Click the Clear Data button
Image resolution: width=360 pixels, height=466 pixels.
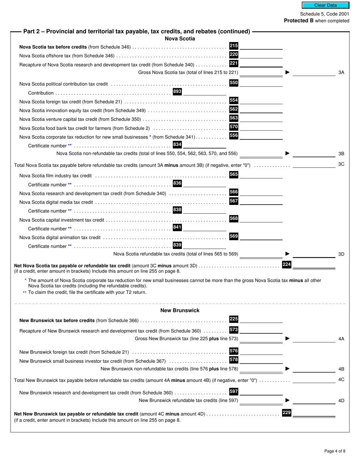(x=325, y=5)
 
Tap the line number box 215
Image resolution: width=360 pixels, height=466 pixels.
(x=234, y=46)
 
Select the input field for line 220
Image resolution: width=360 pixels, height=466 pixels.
(x=261, y=55)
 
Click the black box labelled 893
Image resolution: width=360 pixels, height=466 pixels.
(x=177, y=92)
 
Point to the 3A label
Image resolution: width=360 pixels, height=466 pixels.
(x=341, y=72)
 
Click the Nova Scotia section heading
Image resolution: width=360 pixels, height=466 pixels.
(x=180, y=39)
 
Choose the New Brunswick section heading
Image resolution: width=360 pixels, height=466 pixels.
(x=180, y=310)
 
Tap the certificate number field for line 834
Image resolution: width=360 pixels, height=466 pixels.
(x=204, y=145)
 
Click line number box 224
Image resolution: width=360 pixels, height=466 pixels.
(x=286, y=264)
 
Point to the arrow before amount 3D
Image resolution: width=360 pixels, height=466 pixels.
(x=287, y=254)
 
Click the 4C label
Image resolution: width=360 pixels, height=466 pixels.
(x=341, y=379)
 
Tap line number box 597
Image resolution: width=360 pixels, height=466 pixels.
(x=234, y=391)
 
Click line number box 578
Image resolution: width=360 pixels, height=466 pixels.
(x=234, y=360)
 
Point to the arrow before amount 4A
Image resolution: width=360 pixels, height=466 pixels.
(x=287, y=338)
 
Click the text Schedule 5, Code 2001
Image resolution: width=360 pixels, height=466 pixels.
(x=324, y=14)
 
